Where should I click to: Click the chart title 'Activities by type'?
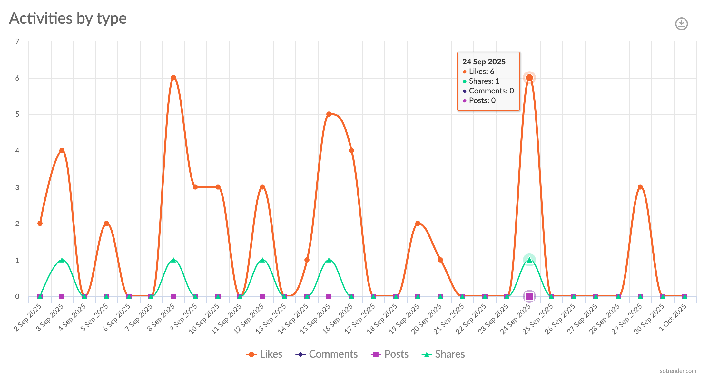[x=68, y=18]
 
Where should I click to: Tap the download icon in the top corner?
[x=681, y=24]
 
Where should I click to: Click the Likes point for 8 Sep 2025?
[x=173, y=78]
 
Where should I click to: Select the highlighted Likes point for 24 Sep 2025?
[x=529, y=78]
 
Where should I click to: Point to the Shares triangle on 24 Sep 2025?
[x=529, y=260]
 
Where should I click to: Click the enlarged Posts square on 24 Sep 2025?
[x=529, y=296]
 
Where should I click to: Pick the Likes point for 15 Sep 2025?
[x=329, y=114]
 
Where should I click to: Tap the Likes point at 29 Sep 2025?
[x=640, y=187]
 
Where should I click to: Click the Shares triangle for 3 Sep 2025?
[x=62, y=260]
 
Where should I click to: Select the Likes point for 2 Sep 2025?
[x=40, y=224]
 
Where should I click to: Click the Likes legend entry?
[x=265, y=354]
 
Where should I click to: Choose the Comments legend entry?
[x=327, y=354]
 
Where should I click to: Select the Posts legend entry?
[x=390, y=354]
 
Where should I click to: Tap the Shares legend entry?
[x=443, y=354]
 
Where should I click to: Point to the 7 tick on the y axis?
[x=17, y=41]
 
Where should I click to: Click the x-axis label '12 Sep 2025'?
[x=249, y=319]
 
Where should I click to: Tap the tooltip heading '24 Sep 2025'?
[x=484, y=62]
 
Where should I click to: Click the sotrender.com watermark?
[x=678, y=371]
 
